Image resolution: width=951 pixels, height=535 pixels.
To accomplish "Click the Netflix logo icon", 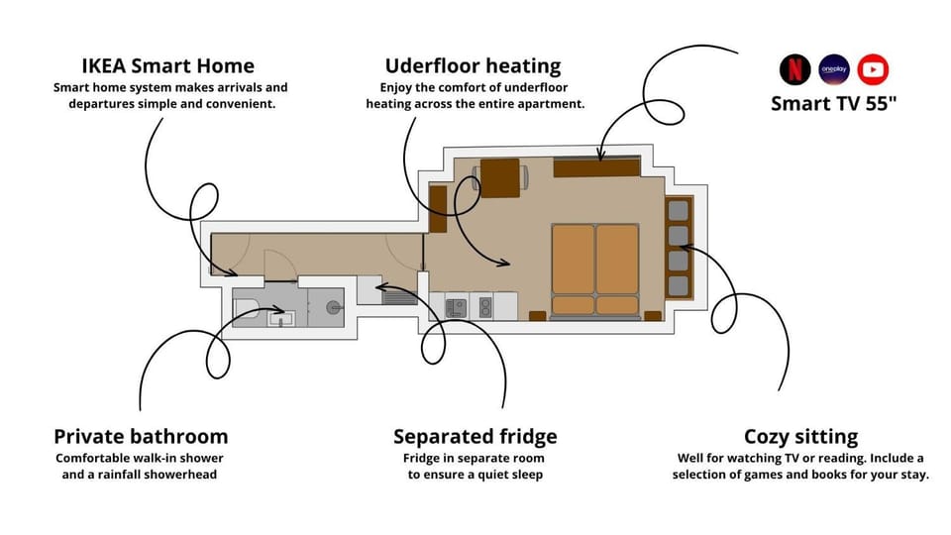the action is pyautogui.click(x=794, y=69).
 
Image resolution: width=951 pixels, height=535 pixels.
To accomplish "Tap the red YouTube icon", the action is pyautogui.click(x=873, y=69).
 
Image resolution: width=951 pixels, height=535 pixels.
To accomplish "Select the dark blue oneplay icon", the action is pyautogui.click(x=834, y=69).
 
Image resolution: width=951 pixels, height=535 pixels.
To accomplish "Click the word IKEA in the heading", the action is pyautogui.click(x=104, y=65).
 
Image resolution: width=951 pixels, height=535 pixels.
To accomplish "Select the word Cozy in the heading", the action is pyautogui.click(x=766, y=437).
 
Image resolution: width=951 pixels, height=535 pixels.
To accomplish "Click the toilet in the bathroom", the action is pyautogui.click(x=247, y=308).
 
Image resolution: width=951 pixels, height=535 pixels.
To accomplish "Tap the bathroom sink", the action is pyautogui.click(x=281, y=318).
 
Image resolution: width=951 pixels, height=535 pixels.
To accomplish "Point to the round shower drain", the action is pyautogui.click(x=333, y=307).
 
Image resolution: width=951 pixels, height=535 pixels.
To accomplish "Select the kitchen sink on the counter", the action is pyautogui.click(x=456, y=307).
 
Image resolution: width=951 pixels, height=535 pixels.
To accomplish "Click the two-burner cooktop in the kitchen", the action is pyautogui.click(x=485, y=307).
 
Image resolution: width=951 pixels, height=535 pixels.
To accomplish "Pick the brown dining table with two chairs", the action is pyautogui.click(x=499, y=177).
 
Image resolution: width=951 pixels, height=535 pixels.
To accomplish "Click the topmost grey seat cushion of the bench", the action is pyautogui.click(x=678, y=211).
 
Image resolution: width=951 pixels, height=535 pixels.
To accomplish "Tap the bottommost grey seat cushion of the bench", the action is pyautogui.click(x=678, y=285).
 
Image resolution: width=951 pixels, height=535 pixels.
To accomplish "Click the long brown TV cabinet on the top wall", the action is pyautogui.click(x=596, y=167).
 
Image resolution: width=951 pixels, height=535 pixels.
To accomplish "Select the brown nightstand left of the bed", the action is pyautogui.click(x=537, y=315).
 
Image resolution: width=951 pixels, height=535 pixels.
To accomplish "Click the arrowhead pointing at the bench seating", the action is pyautogui.click(x=686, y=247).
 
